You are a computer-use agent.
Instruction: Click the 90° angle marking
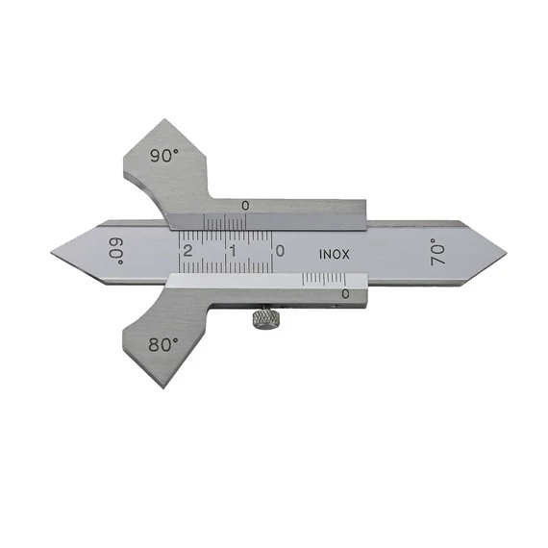164,156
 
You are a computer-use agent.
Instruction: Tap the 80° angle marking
163,344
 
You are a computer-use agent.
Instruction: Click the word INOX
335,255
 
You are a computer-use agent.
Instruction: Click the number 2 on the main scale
187,251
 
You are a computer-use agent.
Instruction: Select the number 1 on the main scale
233,251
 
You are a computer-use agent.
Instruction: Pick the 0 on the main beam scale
280,251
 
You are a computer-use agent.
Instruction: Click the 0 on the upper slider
246,206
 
